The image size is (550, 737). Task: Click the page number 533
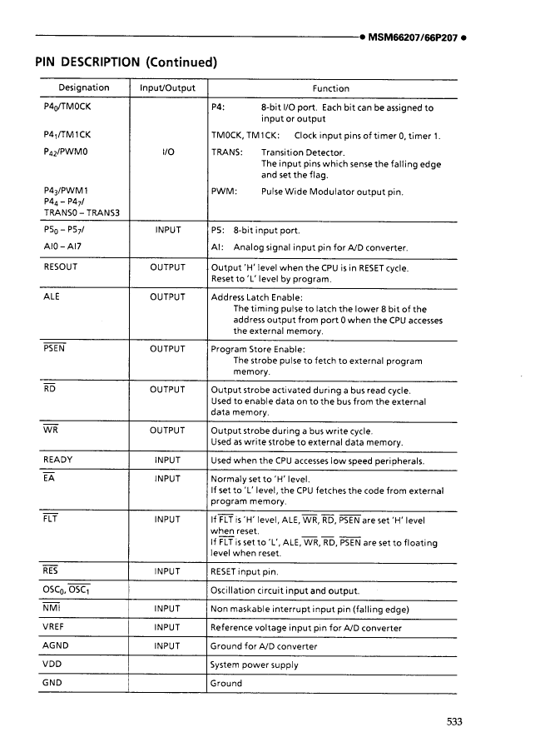pyautogui.click(x=453, y=722)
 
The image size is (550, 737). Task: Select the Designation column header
pyautogui.click(x=83, y=88)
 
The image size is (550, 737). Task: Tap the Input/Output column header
pyautogui.click(x=169, y=88)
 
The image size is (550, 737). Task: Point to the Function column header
pyautogui.click(x=330, y=88)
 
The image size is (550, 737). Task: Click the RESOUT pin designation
pyautogui.click(x=60, y=267)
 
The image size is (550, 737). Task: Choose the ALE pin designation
pyautogui.click(x=52, y=296)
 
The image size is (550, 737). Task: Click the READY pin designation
pyautogui.click(x=57, y=460)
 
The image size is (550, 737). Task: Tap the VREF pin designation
pyautogui.click(x=55, y=627)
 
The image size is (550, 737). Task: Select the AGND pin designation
pyautogui.click(x=55, y=645)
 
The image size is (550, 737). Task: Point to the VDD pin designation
pyautogui.click(x=52, y=665)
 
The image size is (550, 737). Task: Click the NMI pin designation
pyautogui.click(x=52, y=608)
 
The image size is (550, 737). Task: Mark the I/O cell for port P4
pyautogui.click(x=168, y=153)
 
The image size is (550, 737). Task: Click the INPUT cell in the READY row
pyautogui.click(x=168, y=460)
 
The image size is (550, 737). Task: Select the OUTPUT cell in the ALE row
pyautogui.click(x=168, y=296)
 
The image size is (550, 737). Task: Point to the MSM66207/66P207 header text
pyautogui.click(x=413, y=39)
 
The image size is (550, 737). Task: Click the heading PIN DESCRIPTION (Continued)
pyautogui.click(x=126, y=62)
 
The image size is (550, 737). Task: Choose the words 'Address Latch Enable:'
pyautogui.click(x=257, y=297)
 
